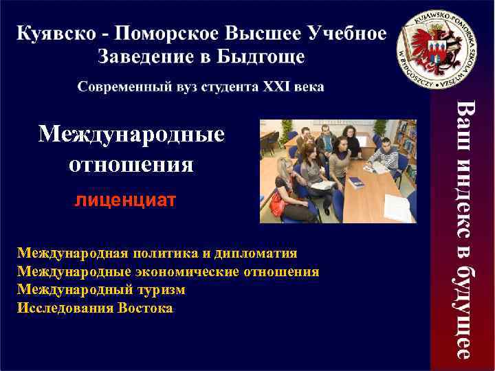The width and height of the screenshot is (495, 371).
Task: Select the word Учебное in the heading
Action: tap(348, 34)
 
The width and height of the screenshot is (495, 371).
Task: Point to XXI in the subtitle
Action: tap(274, 87)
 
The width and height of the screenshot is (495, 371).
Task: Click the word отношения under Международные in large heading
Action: tap(131, 165)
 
